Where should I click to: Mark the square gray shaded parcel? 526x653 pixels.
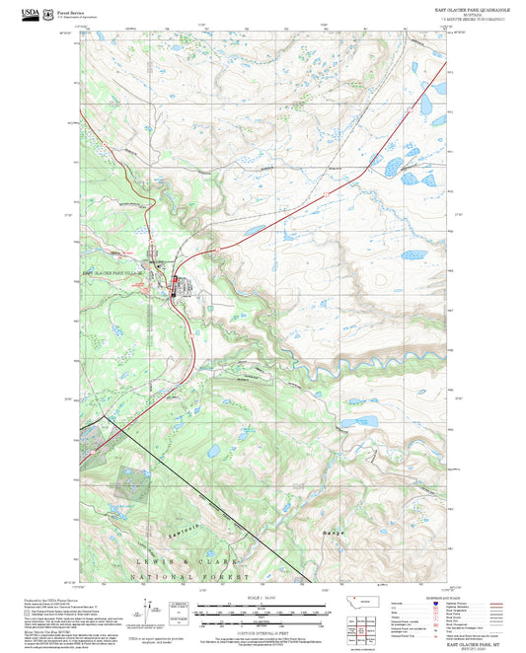pos(132,482)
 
